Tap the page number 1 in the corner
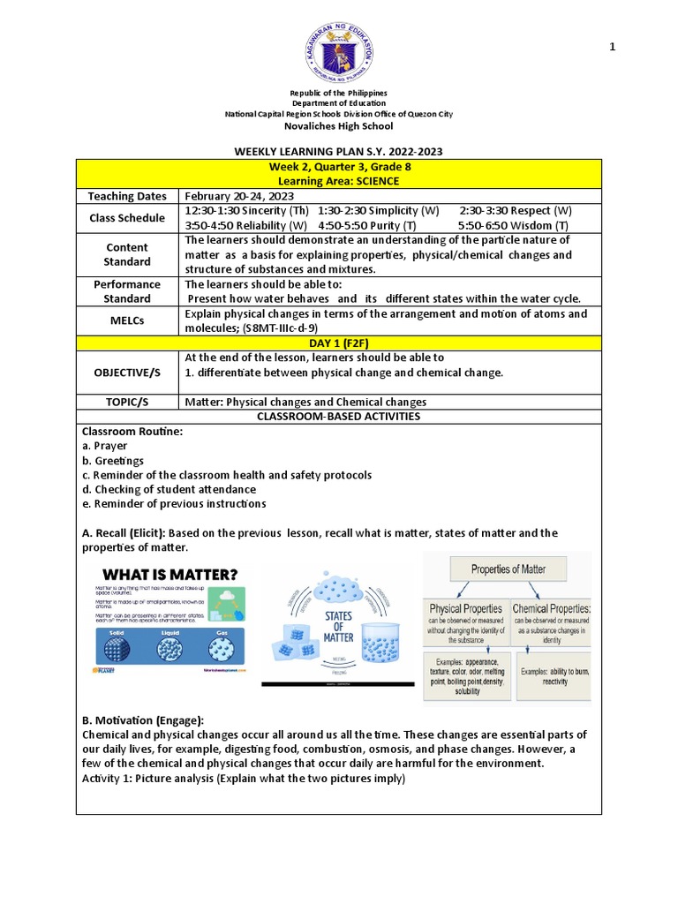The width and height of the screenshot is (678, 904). click(x=612, y=47)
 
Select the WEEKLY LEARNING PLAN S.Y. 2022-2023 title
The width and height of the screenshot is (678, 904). click(x=338, y=152)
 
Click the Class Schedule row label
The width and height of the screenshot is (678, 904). click(x=127, y=218)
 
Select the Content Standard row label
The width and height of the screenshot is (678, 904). click(x=127, y=254)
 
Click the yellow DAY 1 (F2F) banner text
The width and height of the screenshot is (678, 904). click(x=340, y=343)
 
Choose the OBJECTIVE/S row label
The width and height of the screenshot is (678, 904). click(x=127, y=373)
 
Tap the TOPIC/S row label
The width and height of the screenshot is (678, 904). click(x=127, y=402)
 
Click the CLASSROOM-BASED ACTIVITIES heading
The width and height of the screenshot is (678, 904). click(x=338, y=416)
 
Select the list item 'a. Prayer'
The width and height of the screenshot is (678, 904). click(x=104, y=446)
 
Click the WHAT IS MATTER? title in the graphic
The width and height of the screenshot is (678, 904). click(x=169, y=575)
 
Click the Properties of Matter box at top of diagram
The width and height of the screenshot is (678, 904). click(x=508, y=569)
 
